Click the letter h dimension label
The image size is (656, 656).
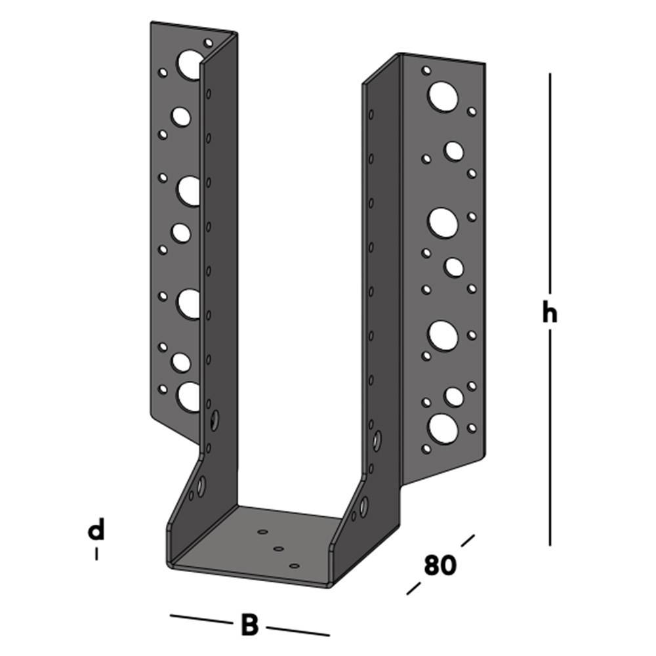point(549,314)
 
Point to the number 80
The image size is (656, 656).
point(440,565)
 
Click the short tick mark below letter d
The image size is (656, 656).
point(96,554)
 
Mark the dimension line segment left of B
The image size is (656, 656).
point(199,619)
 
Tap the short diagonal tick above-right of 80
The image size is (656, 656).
point(467,541)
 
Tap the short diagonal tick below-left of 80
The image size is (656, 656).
point(413,588)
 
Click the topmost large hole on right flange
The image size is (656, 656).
point(443,96)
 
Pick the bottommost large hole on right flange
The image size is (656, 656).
point(443,428)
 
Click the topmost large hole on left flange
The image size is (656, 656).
point(190,64)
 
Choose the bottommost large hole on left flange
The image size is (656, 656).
point(190,397)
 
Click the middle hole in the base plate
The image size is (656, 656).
point(278,548)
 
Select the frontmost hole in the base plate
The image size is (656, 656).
point(294,565)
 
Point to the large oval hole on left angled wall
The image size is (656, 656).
point(201,485)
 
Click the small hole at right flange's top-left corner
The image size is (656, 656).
point(426,70)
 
